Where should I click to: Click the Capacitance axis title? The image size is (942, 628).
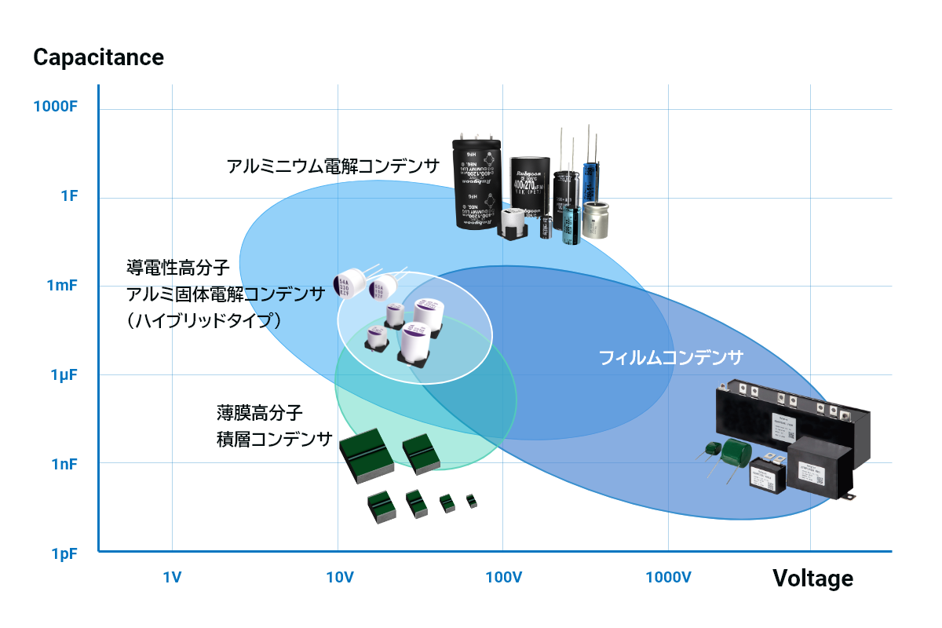point(98,57)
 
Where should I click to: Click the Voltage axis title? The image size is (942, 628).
point(812,579)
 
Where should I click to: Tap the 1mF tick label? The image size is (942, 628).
point(62,285)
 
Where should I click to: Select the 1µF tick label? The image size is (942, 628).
point(63,374)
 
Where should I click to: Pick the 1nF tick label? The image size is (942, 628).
point(63,464)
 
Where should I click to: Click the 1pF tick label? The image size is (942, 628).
point(64,553)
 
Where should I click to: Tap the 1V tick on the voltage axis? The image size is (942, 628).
point(172,579)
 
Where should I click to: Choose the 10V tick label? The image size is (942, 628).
point(339,579)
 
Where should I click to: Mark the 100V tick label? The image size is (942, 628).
point(503,579)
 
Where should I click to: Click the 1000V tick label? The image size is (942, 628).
point(668,579)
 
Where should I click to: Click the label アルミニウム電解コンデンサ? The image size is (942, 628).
point(333,166)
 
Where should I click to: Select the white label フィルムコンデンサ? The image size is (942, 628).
point(670,358)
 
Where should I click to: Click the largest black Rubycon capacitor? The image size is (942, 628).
point(478,182)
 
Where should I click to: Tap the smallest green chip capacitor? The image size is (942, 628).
point(471,500)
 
